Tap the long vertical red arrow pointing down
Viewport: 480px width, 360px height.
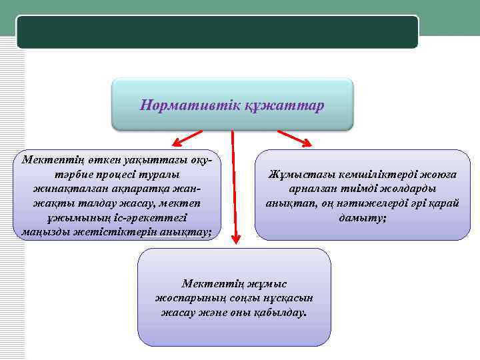(x=233, y=187)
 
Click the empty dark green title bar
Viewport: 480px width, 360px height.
(x=217, y=32)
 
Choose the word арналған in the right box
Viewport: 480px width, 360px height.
(x=314, y=189)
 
